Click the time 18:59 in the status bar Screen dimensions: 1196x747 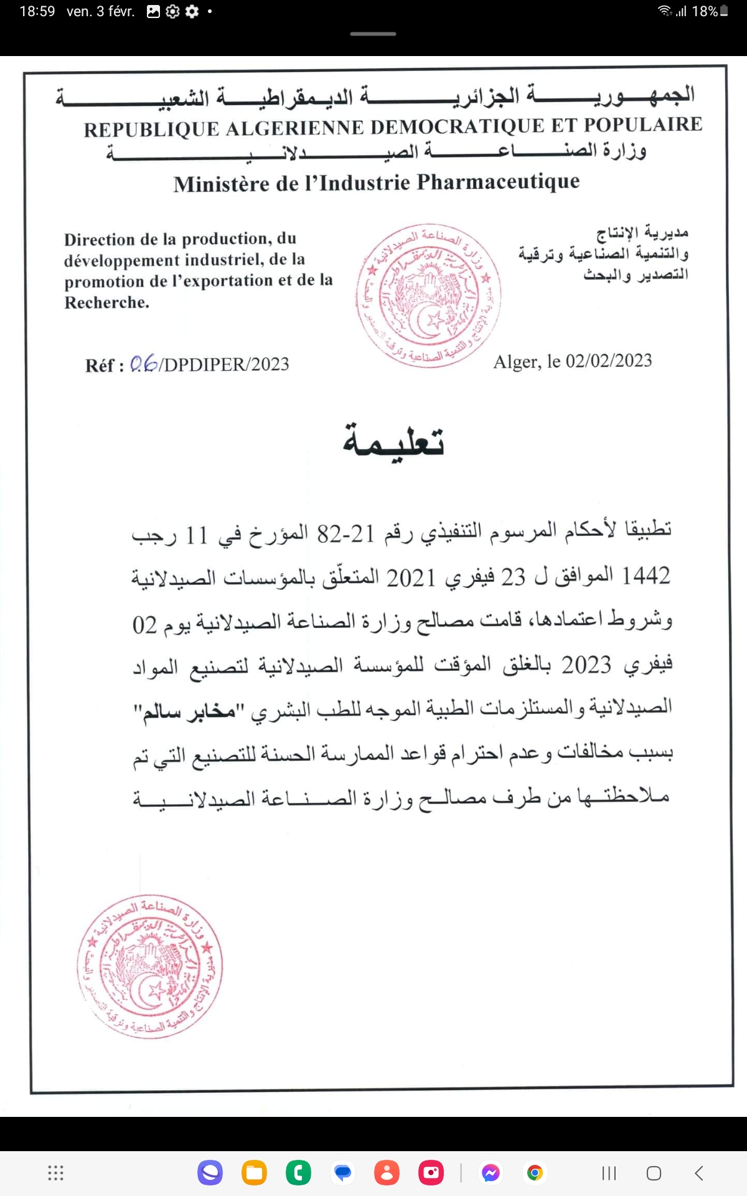click(x=37, y=11)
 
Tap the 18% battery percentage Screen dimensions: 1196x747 click(x=705, y=11)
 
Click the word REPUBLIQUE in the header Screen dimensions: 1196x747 click(x=151, y=129)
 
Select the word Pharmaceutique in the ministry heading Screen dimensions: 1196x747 click(x=498, y=181)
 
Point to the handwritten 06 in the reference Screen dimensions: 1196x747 click(x=143, y=364)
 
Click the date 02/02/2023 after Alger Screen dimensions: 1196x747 click(x=608, y=361)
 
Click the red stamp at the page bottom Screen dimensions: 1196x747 click(x=150, y=966)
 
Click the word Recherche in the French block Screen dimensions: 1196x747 click(x=106, y=303)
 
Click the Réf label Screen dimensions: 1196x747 click(x=104, y=365)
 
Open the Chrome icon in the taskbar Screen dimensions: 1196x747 click(x=534, y=1173)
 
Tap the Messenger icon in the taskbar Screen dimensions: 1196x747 click(x=491, y=1173)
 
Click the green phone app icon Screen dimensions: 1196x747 click(x=298, y=1173)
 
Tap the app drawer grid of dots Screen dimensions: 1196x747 click(x=56, y=1173)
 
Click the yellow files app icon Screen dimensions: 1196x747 click(x=254, y=1173)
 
